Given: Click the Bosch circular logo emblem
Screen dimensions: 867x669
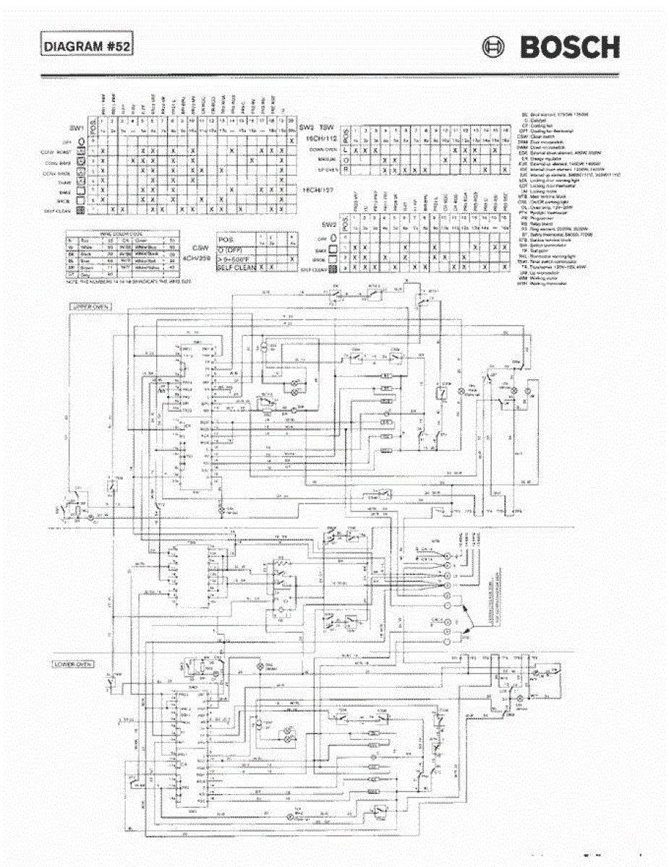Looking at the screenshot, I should tap(494, 48).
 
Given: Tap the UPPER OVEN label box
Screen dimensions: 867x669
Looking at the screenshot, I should tap(88, 306).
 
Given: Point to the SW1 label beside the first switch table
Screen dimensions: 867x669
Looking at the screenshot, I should tap(75, 127).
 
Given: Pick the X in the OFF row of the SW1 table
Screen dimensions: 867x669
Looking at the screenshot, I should tap(291, 141).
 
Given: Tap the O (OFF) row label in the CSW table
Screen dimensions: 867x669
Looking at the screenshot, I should tap(231, 250).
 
